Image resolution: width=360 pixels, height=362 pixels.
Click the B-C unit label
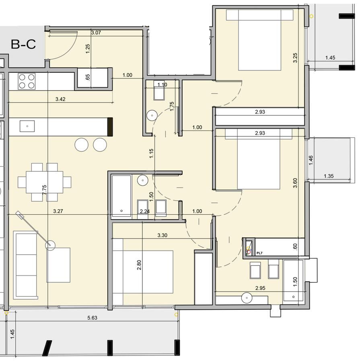(23, 44)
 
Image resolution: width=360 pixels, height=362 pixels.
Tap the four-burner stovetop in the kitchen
(27, 81)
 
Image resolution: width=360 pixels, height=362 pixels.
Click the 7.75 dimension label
(45, 190)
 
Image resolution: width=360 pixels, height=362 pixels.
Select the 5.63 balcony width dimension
(92, 318)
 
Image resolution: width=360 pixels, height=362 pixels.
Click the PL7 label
(259, 253)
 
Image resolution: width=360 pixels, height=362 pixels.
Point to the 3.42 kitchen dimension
(60, 99)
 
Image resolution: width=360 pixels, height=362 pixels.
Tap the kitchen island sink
(27, 126)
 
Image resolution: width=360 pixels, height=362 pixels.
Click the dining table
(45, 182)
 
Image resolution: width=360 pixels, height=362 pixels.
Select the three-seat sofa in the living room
(26, 265)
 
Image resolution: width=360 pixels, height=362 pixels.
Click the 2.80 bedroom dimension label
(139, 265)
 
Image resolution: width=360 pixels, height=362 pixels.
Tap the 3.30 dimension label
(163, 235)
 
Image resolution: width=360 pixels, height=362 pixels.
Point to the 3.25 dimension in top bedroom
(295, 58)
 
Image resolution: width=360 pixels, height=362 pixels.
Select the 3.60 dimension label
(295, 183)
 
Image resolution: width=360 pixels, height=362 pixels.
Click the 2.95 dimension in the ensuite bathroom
(260, 288)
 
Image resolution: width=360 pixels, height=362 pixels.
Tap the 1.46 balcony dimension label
(311, 160)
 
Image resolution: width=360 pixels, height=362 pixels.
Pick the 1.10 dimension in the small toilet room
(162, 85)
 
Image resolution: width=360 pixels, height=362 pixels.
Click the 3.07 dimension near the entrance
(96, 33)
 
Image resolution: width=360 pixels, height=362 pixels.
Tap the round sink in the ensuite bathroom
(247, 298)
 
